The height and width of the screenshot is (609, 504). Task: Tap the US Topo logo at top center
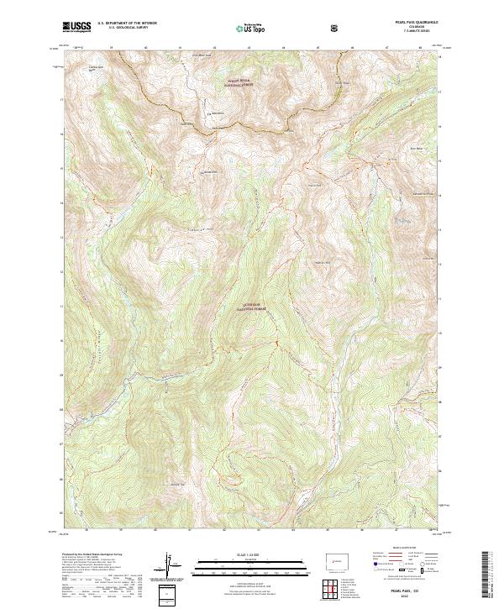pos(252,28)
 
